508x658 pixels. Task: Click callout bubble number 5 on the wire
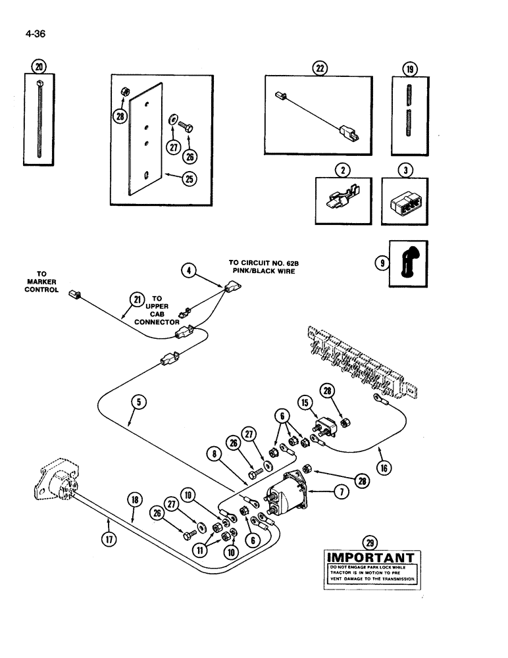pyautogui.click(x=134, y=415)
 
